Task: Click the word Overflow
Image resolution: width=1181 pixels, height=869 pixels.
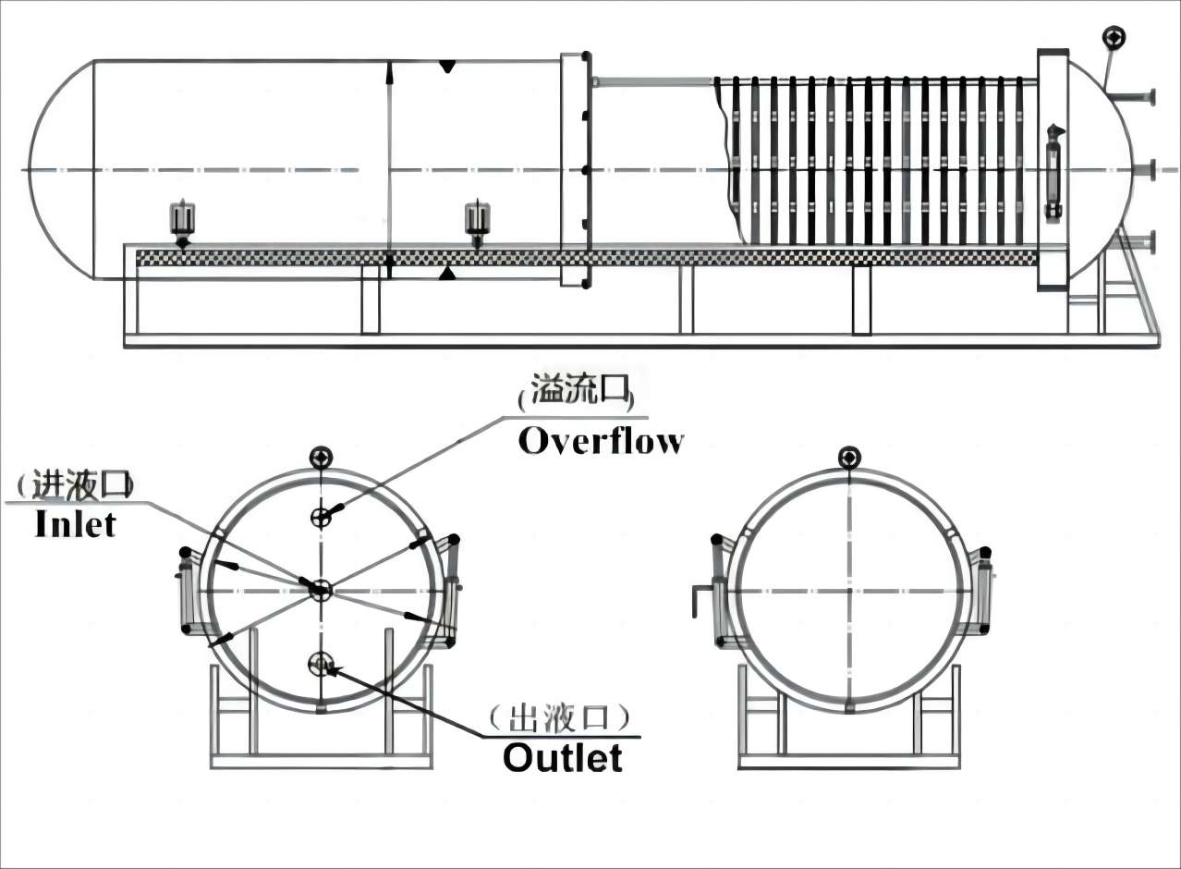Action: click(601, 441)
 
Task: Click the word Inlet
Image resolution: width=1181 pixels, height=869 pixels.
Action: click(75, 524)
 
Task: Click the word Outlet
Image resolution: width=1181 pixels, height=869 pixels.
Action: click(562, 758)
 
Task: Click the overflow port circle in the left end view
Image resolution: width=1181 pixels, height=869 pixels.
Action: click(321, 516)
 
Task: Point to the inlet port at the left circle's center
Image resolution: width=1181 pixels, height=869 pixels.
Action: click(321, 588)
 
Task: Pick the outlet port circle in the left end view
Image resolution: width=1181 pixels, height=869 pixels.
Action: click(321, 662)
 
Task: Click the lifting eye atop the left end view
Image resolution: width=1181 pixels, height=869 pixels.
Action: click(322, 457)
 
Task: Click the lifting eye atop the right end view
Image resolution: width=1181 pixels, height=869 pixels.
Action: click(849, 457)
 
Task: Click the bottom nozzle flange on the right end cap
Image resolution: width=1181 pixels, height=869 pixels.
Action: click(1151, 244)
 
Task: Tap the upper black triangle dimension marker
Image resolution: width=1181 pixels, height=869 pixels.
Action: click(447, 67)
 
